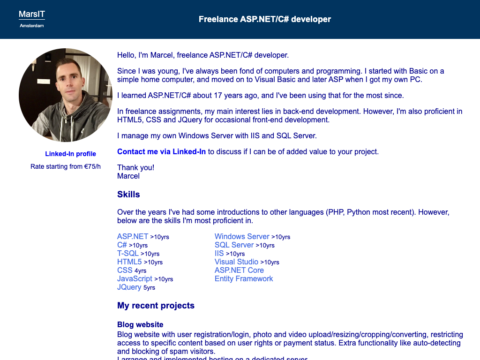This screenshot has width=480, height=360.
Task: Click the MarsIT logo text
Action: point(32,15)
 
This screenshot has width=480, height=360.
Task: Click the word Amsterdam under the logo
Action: point(32,26)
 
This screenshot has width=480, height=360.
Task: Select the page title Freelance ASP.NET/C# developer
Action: point(265,19)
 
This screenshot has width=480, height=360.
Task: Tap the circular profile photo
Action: point(66,95)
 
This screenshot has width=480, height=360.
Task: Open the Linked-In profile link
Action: point(70,154)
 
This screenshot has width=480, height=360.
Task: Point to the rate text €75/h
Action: point(92,166)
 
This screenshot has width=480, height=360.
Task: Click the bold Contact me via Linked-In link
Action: point(161,151)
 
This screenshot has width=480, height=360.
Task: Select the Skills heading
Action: point(128,194)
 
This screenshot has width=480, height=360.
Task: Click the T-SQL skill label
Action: point(128,253)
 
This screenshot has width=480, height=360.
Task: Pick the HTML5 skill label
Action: point(129,262)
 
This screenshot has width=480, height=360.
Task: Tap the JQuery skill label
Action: point(129,287)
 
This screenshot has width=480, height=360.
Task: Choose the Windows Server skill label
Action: point(242,236)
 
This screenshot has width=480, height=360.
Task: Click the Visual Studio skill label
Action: point(236,262)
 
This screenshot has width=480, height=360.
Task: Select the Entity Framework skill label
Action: point(244,278)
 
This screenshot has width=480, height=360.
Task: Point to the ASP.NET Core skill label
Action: point(239,270)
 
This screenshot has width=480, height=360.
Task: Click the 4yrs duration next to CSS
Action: point(140,270)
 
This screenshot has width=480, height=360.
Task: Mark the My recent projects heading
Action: point(156,306)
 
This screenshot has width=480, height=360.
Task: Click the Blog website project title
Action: point(140,324)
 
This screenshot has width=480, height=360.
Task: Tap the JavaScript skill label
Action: point(135,278)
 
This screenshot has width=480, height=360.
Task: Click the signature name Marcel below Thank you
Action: point(128,176)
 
